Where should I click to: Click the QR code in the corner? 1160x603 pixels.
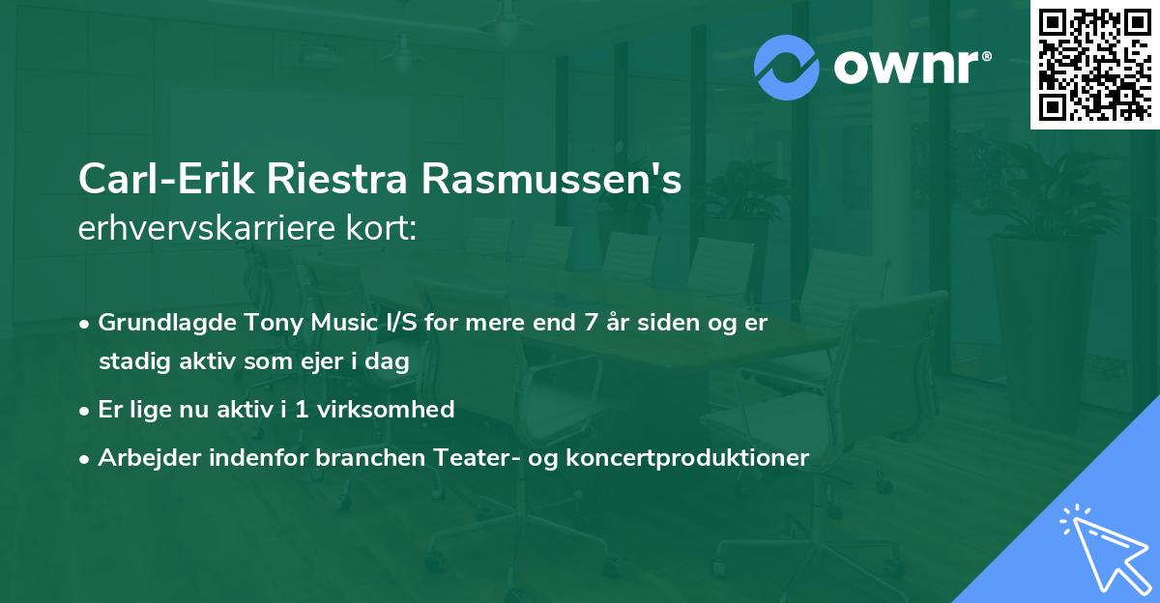pyautogui.click(x=1095, y=64)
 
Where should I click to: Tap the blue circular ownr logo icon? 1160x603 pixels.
pyautogui.click(x=787, y=68)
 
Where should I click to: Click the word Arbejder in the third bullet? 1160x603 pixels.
pyautogui.click(x=142, y=458)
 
